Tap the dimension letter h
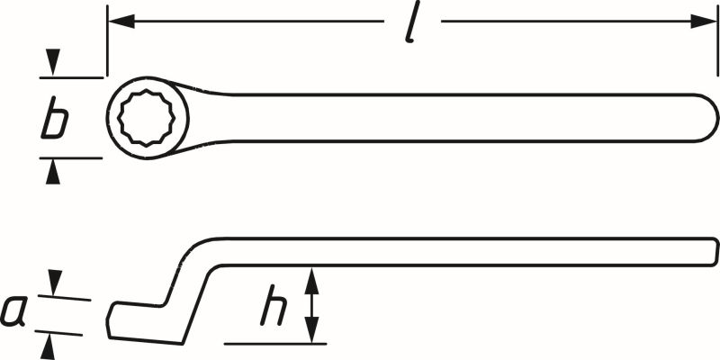[274, 308]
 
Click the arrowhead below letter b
[55, 170]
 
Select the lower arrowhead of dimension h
[311, 331]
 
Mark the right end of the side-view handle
[715, 252]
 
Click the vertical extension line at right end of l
[717, 45]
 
